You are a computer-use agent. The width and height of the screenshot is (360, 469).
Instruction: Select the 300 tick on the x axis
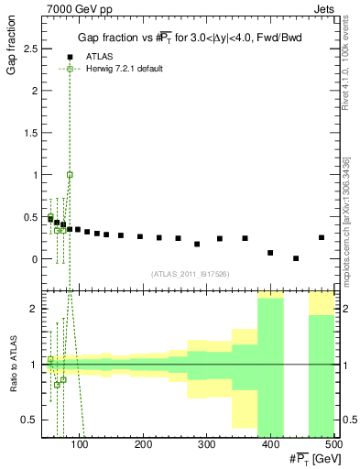coord(270,445)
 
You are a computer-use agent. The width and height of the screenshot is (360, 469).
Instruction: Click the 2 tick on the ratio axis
coord(33,309)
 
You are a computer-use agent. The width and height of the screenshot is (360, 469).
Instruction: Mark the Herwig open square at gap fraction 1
coord(70,174)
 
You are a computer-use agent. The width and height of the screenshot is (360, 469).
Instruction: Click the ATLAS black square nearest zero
coord(296,258)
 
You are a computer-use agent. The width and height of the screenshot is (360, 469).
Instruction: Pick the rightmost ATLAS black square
coord(322,237)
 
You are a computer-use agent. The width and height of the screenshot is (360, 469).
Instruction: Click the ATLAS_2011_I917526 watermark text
coord(190,274)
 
